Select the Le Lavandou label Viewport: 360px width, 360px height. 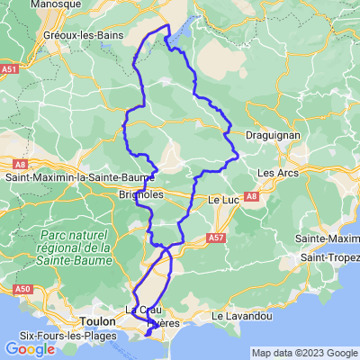241,317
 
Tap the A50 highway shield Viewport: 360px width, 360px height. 24,289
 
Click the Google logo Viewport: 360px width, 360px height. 30,349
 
